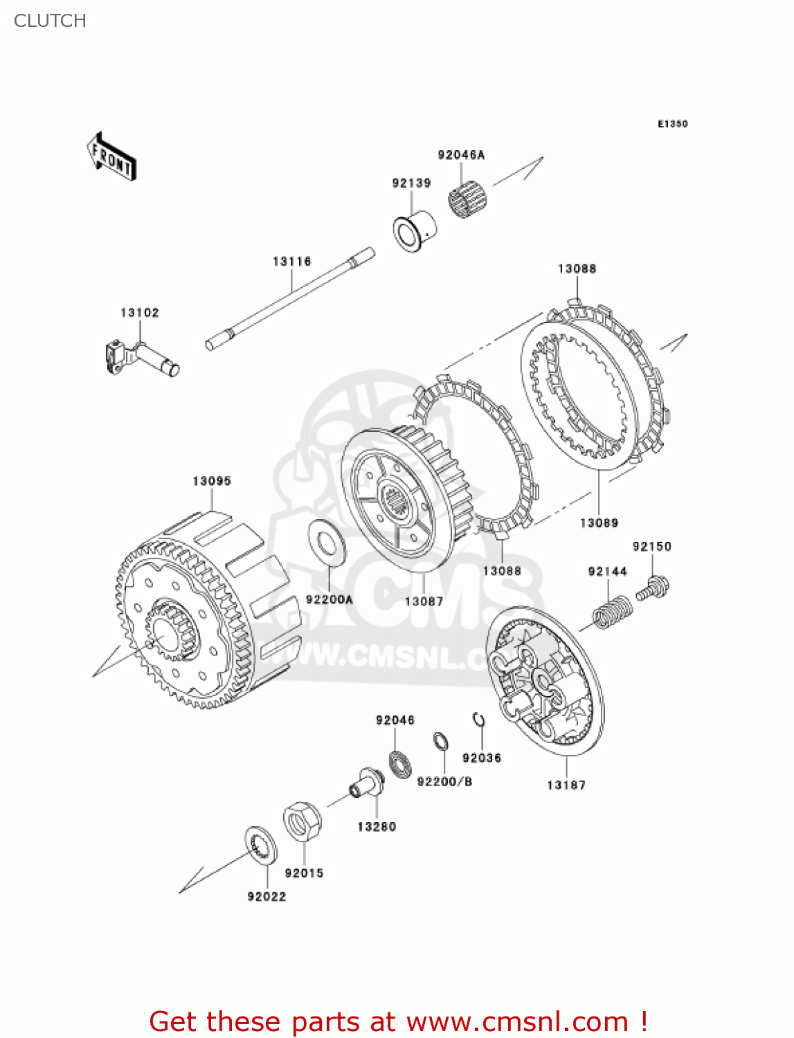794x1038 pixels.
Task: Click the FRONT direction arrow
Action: click(x=111, y=157)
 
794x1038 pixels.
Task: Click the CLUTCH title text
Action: click(x=50, y=21)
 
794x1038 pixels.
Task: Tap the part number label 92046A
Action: click(x=461, y=155)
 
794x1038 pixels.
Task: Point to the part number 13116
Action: click(x=291, y=262)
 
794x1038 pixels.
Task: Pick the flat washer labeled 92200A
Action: click(x=327, y=541)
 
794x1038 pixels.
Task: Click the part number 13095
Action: click(x=212, y=481)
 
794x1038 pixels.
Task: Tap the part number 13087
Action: click(x=424, y=601)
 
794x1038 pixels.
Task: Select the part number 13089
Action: click(x=599, y=523)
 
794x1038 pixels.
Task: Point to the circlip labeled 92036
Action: click(x=478, y=720)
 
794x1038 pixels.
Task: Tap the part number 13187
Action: click(x=566, y=785)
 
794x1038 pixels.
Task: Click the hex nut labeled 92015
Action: click(x=302, y=821)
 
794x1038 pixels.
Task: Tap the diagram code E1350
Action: click(x=672, y=124)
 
